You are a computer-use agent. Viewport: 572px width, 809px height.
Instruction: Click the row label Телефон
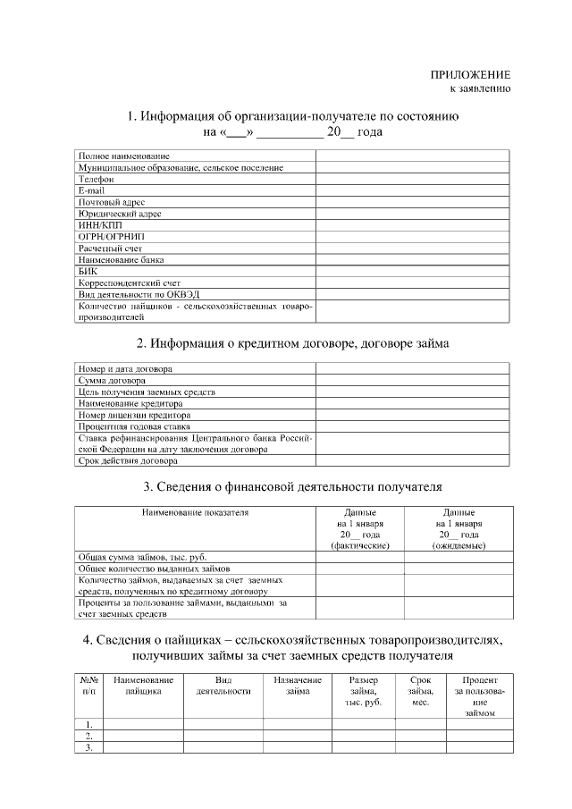click(x=97, y=179)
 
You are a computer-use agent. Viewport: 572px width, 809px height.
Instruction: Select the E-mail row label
click(x=92, y=190)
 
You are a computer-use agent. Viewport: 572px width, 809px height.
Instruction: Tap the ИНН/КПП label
click(x=98, y=225)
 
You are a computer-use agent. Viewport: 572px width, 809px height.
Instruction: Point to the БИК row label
click(x=88, y=271)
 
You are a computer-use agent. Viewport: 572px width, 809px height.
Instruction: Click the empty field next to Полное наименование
click(x=411, y=156)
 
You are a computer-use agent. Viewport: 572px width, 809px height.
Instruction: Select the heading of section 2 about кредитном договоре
click(x=292, y=343)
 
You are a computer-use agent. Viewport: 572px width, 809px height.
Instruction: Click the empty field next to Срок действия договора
click(x=411, y=461)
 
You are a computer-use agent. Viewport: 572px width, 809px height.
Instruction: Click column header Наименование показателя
click(x=194, y=513)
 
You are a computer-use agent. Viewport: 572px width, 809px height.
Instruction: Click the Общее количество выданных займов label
click(x=154, y=569)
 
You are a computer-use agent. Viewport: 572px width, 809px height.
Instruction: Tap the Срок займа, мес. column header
click(x=420, y=691)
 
